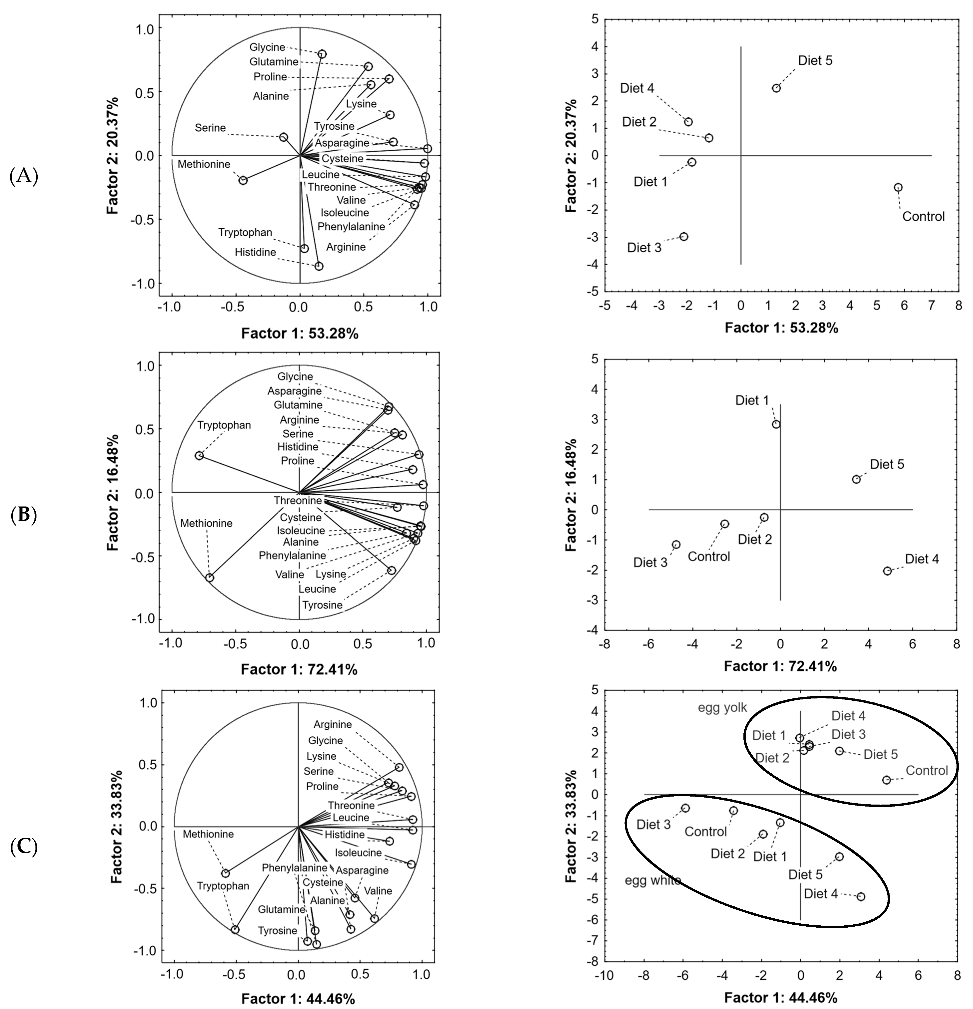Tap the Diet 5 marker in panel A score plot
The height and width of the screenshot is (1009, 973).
click(x=776, y=88)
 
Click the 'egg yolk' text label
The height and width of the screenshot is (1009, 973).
click(x=722, y=707)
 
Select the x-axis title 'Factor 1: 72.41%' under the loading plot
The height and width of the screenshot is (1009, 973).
click(x=299, y=669)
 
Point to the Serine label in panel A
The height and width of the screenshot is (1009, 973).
click(x=210, y=128)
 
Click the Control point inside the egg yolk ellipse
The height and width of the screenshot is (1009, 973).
click(x=887, y=780)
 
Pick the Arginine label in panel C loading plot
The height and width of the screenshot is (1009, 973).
click(x=333, y=724)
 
